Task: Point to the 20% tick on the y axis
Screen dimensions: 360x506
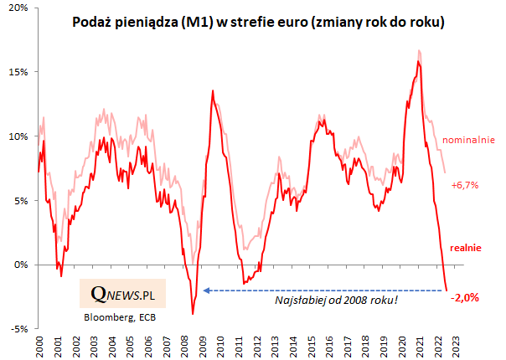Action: click(20, 8)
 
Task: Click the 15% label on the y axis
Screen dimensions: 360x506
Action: click(20, 72)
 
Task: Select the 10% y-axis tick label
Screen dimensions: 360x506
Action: click(20, 136)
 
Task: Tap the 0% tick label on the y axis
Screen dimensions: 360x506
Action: click(23, 265)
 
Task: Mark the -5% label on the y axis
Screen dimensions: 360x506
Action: click(20, 329)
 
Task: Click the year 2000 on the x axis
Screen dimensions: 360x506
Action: click(39, 346)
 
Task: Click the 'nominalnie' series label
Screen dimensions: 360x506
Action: click(469, 139)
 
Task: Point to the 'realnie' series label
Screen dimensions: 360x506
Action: click(466, 247)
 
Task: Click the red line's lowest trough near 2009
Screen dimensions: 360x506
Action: click(193, 314)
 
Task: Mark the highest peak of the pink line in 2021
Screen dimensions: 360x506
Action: click(418, 51)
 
